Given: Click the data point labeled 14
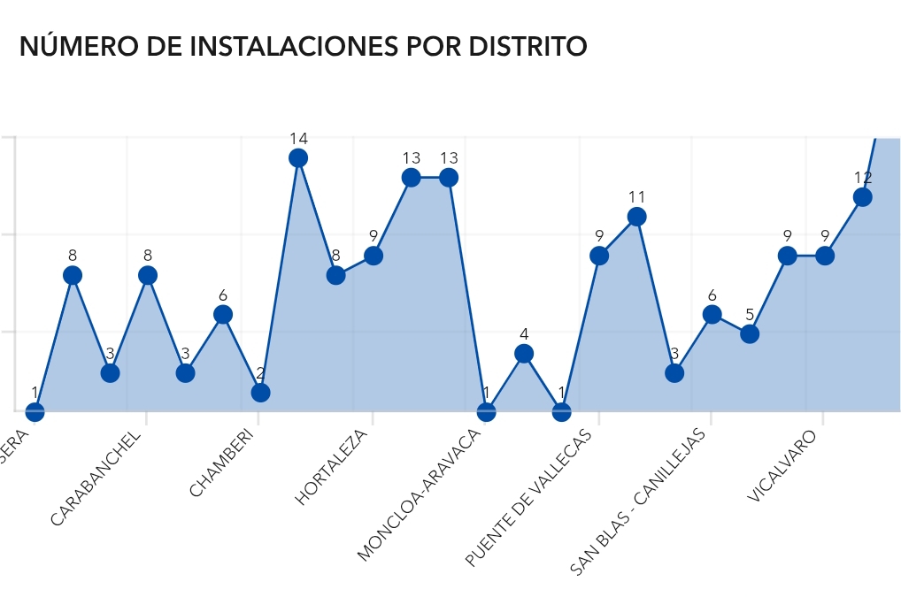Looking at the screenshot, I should (298, 158).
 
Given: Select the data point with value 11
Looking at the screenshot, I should (636, 217).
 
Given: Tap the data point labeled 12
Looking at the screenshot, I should (862, 197).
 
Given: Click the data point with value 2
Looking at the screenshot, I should (260, 393).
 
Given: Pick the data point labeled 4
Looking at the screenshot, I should (524, 354).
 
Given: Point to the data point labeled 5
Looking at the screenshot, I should (750, 334).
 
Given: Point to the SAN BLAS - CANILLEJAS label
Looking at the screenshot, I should (638, 501).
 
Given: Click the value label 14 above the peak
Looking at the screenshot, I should (298, 139).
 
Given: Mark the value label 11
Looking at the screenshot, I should (636, 197).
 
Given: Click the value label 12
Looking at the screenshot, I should (862, 178).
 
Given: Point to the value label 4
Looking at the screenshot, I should (524, 334).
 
